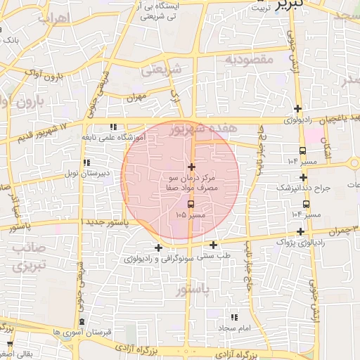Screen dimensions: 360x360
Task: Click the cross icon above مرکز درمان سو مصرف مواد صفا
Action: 191,167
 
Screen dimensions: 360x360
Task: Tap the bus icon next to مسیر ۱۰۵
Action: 191,204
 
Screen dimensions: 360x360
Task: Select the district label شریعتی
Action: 161,70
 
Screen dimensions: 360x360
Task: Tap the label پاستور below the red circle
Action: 192,289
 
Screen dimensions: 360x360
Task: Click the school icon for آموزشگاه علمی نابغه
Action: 113,127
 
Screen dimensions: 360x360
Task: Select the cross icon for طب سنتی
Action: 213,245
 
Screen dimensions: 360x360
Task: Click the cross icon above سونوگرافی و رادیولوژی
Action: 158,247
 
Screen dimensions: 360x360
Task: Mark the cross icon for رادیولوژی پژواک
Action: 301,231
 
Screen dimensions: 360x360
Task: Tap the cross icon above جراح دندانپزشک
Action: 303,177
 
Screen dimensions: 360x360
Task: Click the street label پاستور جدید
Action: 106,221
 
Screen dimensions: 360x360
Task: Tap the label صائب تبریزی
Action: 28,257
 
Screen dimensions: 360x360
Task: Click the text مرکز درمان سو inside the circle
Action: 192,179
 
